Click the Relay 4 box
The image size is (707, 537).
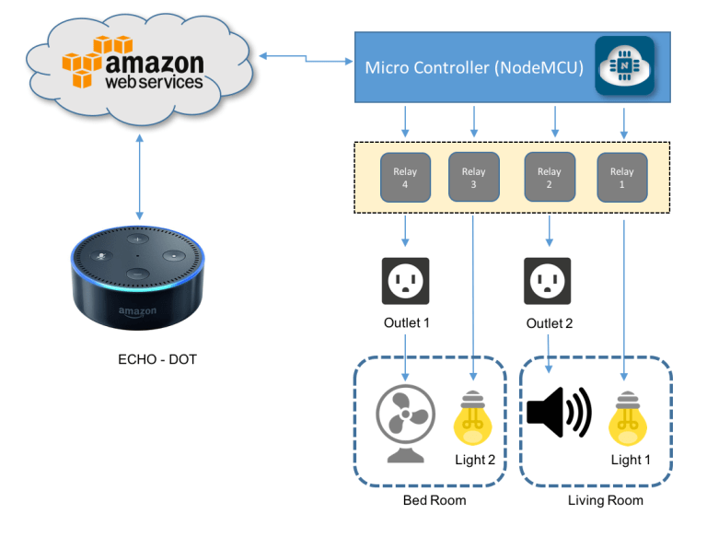click(x=405, y=177)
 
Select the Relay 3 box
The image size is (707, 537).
click(x=473, y=177)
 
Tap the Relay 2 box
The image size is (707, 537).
click(x=550, y=177)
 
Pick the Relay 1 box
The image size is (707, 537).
click(x=622, y=177)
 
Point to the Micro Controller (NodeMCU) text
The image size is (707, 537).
click(x=474, y=67)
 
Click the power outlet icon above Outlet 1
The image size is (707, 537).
click(x=406, y=282)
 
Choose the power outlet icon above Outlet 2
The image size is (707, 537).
click(x=549, y=282)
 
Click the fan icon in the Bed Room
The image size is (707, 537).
click(x=406, y=421)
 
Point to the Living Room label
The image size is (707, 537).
click(x=605, y=500)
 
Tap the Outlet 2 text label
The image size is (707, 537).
click(x=550, y=323)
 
